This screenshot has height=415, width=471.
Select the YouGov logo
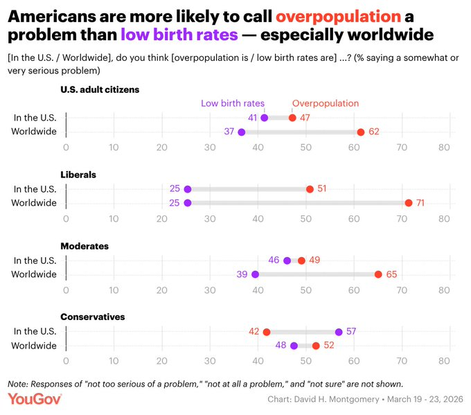coord(35,399)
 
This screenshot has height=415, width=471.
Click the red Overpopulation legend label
coord(326,103)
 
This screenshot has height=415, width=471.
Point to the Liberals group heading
coord(78,175)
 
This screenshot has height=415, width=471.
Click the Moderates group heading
coord(85,246)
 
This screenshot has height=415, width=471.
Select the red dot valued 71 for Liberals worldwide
coord(409,203)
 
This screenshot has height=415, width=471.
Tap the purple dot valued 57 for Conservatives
coord(339,332)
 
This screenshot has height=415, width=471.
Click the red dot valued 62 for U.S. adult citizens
coord(361,132)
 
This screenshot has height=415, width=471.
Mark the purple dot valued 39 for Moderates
coord(255,274)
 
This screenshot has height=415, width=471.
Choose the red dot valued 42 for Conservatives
coord(267,332)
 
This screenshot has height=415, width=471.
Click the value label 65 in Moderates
coord(391,274)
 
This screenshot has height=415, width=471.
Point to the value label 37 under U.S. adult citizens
coord(229,132)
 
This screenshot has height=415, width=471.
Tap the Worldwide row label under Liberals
coord(35,203)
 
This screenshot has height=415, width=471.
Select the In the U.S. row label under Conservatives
coord(35,332)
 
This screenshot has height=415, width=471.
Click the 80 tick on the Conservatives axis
coord(445,360)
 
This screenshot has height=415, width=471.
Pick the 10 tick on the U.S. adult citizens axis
coord(114,147)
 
